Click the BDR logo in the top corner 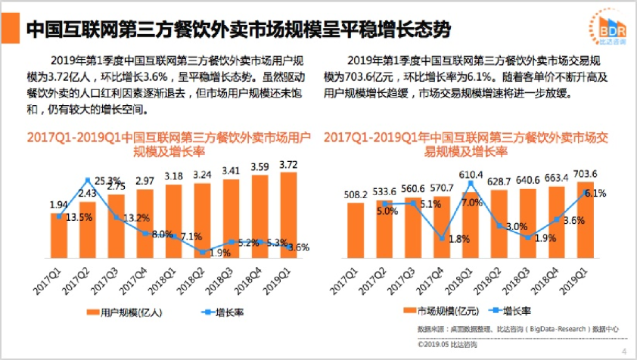coord(606,29)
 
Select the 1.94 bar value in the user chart coord(59,205)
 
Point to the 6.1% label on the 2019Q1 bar coord(595,193)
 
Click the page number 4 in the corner coord(624,351)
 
